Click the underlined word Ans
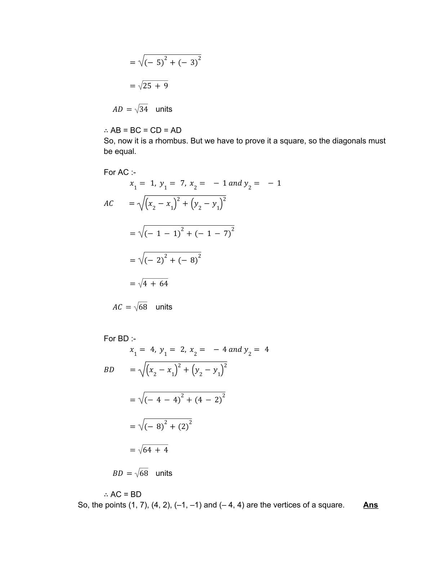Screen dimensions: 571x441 (x=370, y=505)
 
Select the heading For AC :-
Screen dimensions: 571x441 (x=120, y=172)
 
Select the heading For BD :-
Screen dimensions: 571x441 (x=120, y=338)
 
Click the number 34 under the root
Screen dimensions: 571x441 (x=143, y=109)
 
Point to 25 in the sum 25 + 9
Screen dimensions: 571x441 (x=147, y=86)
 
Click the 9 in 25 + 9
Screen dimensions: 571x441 (x=166, y=86)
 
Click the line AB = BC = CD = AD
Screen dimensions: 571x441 (x=142, y=130)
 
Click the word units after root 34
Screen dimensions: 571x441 (x=164, y=109)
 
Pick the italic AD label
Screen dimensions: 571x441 (x=117, y=109)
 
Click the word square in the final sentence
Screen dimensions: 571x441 (x=332, y=505)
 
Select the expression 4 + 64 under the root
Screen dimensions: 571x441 (x=155, y=284)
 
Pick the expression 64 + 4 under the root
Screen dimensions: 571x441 (x=155, y=450)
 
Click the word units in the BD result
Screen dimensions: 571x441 (x=164, y=473)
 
